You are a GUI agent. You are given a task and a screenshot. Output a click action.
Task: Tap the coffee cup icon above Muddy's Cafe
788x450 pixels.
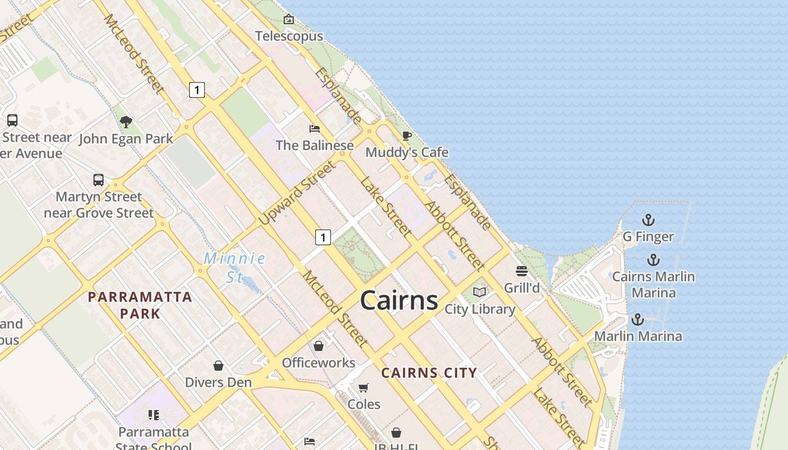click(406, 136)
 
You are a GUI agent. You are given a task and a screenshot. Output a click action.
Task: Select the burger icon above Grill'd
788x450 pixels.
click(522, 271)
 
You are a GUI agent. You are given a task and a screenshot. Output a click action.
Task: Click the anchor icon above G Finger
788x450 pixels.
click(648, 219)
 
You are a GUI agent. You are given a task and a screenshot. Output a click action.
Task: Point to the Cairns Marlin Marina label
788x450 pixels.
click(653, 285)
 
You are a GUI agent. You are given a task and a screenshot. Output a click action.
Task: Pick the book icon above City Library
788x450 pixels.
click(480, 292)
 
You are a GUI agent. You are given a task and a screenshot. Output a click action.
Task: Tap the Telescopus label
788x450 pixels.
click(289, 36)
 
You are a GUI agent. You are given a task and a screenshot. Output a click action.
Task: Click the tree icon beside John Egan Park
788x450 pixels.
click(126, 121)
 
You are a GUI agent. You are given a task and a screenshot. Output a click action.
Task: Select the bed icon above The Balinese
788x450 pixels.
click(315, 129)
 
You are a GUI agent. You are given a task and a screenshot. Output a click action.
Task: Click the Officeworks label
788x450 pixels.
click(319, 363)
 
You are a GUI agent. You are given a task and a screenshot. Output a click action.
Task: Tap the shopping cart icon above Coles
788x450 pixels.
click(364, 388)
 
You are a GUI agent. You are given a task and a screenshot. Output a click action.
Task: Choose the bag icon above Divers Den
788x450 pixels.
click(218, 366)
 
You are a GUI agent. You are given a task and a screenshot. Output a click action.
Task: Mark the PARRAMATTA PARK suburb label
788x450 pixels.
click(140, 305)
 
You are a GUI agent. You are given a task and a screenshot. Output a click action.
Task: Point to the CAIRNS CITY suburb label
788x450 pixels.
click(429, 372)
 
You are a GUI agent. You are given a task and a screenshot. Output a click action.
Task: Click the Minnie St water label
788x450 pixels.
click(235, 267)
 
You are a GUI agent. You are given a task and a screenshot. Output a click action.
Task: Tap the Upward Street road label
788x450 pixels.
click(297, 192)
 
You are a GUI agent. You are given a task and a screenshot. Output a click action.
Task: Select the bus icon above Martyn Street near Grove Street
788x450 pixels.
click(98, 180)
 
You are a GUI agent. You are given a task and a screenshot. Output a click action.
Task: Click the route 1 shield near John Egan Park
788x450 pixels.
click(196, 89)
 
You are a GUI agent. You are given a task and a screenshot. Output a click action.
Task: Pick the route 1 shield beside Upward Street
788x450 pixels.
click(323, 237)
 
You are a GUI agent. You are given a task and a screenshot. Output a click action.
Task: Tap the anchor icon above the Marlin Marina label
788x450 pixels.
click(637, 319)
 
